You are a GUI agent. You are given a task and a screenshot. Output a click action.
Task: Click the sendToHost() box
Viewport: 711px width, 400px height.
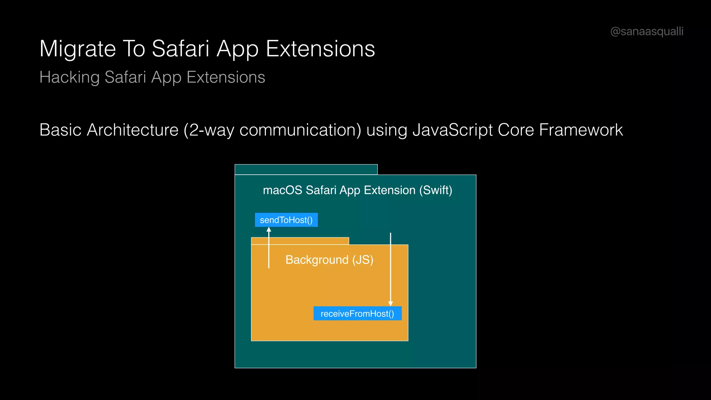click(x=286, y=220)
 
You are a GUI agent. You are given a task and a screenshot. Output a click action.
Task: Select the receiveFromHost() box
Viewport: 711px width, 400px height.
click(x=357, y=314)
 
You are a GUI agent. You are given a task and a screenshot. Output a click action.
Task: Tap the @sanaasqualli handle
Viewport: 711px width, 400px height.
click(x=647, y=31)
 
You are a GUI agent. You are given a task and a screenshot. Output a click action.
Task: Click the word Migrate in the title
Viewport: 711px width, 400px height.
click(x=77, y=49)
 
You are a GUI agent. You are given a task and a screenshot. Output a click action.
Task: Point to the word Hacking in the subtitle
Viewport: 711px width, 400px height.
click(x=69, y=77)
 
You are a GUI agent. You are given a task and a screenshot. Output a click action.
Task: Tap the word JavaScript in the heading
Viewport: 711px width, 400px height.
click(x=452, y=130)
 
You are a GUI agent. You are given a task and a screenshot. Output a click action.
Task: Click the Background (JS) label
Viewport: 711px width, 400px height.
click(x=329, y=260)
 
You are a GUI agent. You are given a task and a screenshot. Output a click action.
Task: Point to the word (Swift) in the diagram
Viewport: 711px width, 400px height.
click(x=435, y=190)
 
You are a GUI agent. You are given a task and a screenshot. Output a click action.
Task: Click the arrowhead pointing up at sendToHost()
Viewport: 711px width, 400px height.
click(x=269, y=230)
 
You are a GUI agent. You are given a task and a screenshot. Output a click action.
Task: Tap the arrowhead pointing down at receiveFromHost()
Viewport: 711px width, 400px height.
click(x=391, y=303)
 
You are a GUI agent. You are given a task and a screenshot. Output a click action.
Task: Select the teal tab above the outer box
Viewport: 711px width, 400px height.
click(x=306, y=169)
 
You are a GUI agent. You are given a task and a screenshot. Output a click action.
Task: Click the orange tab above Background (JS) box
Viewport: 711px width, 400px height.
click(x=300, y=241)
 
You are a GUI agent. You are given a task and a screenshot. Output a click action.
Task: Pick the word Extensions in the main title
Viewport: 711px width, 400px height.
click(x=320, y=49)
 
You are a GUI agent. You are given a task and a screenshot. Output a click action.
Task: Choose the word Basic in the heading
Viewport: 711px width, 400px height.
click(x=60, y=130)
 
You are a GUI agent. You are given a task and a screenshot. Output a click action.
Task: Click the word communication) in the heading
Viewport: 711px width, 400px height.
click(x=300, y=130)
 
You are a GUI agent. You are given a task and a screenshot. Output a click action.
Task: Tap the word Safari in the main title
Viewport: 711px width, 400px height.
click(x=181, y=49)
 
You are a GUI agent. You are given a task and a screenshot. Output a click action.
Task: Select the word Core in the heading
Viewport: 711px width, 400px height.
click(x=516, y=130)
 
